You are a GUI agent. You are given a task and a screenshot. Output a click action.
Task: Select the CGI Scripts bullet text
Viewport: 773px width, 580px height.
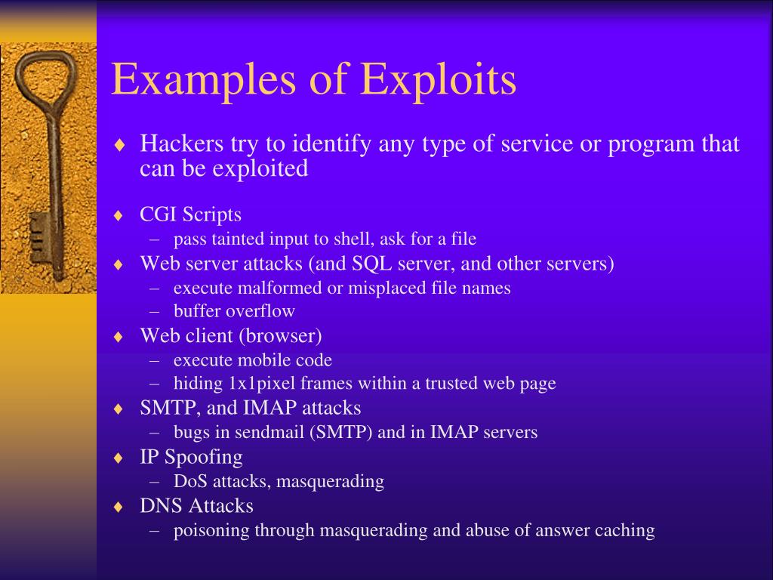tap(190, 214)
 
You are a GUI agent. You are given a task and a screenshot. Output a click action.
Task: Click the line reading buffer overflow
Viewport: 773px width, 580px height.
tap(234, 311)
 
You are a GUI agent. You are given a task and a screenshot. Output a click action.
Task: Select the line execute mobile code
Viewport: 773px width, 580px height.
tap(252, 359)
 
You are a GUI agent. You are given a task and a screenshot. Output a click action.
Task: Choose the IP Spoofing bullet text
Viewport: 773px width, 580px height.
tap(191, 457)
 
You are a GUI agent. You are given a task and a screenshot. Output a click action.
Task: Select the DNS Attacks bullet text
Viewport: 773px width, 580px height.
tap(196, 505)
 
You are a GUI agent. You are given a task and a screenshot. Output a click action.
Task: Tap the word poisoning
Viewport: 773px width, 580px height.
tap(211, 530)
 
